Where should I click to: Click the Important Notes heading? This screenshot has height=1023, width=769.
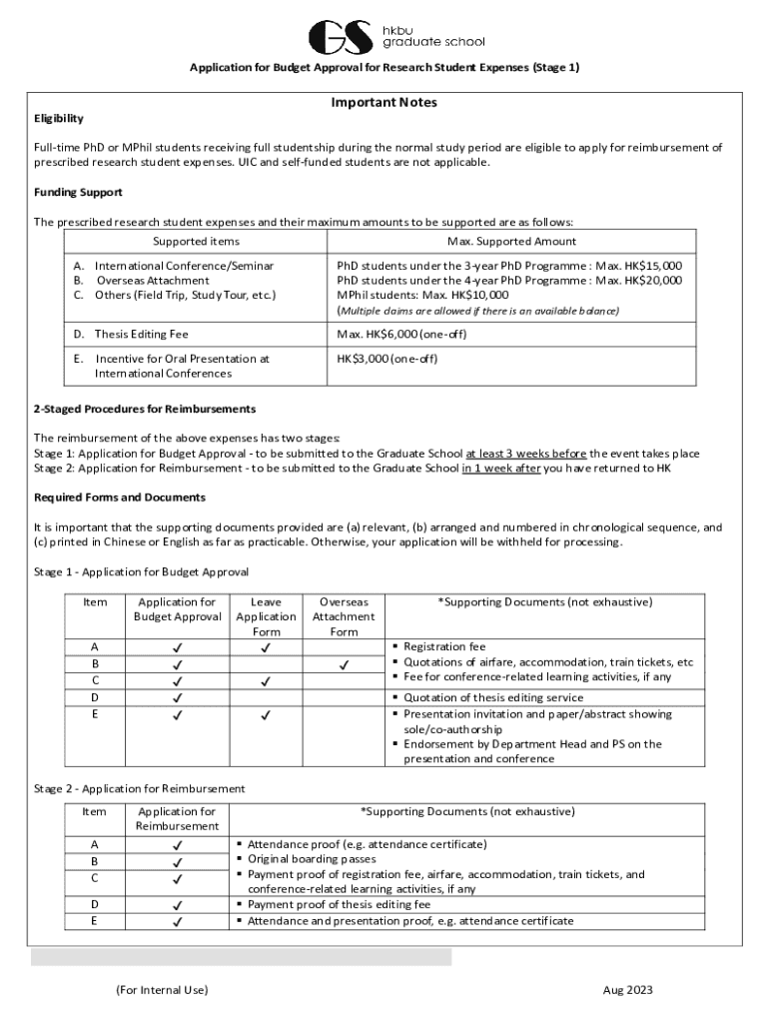[x=384, y=103]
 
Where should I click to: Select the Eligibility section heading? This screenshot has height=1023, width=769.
[x=59, y=119]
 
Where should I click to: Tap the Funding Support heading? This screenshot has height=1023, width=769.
[x=78, y=192]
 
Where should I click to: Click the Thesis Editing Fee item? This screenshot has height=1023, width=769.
[x=141, y=334]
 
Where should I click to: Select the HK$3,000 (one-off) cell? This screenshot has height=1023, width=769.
[x=387, y=359]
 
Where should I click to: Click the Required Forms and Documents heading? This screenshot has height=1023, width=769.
[x=120, y=498]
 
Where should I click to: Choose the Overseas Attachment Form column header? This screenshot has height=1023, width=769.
[x=344, y=616]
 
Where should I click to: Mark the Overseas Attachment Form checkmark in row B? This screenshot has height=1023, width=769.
[x=344, y=663]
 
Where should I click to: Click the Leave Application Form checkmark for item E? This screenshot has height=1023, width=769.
[x=266, y=715]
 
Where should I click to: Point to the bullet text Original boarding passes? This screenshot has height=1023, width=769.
[x=312, y=859]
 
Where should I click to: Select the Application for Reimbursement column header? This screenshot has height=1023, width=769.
[x=177, y=819]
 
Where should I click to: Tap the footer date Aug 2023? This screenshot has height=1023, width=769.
[x=627, y=990]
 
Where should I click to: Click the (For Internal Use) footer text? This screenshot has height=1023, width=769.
[x=162, y=990]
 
